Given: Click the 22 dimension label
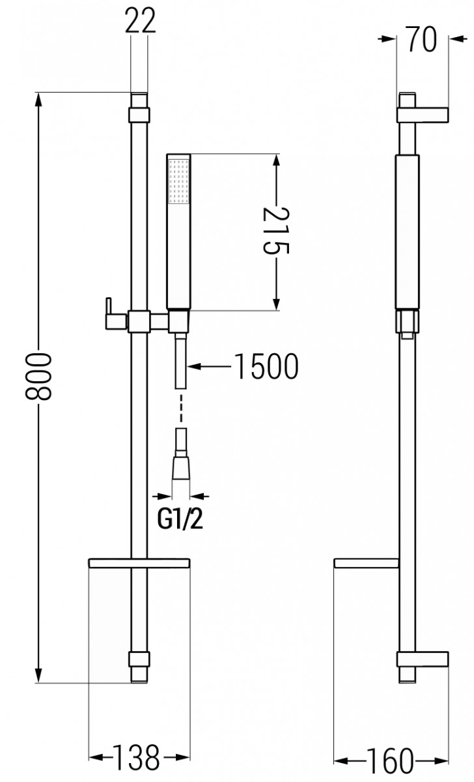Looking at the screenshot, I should tap(140, 22).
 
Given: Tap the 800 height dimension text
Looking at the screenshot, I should tap(38, 377).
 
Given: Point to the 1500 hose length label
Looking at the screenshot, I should tap(265, 367).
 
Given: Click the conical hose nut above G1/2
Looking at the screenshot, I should tap(180, 465).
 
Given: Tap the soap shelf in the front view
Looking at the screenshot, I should tap(137, 562).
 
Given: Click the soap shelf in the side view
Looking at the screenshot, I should tap(365, 562).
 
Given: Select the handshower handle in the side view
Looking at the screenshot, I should tap(407, 231).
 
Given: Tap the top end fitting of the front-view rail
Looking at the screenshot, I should tap(139, 108).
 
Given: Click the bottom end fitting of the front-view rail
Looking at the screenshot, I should tap(139, 665).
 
